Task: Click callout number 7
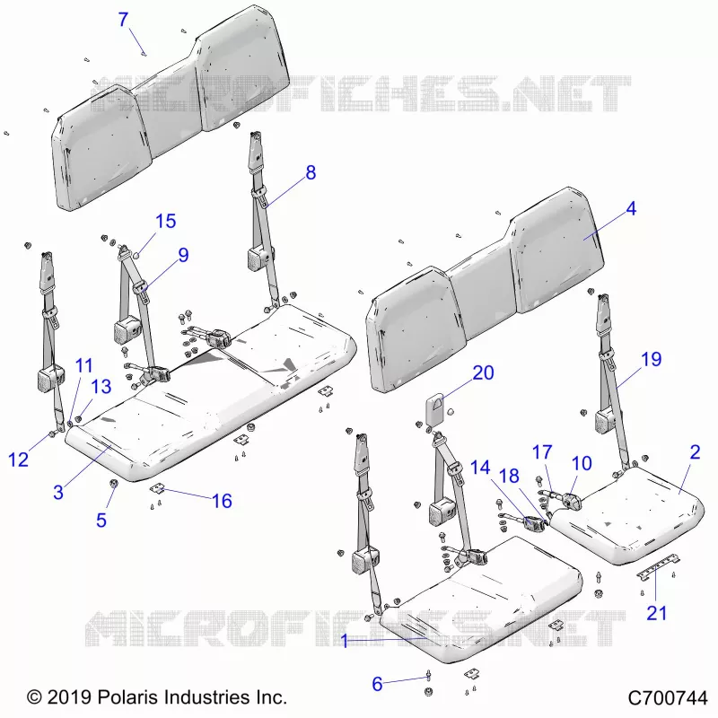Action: point(123,20)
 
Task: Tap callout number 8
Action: point(311,172)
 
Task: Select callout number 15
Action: point(166,221)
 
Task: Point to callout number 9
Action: point(183,255)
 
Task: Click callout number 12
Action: point(19,460)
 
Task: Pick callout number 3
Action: point(58,492)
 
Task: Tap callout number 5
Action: point(101,521)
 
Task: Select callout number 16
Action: point(222,501)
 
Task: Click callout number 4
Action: point(631,208)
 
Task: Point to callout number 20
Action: point(483,372)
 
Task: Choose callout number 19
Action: point(652,360)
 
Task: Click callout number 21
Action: point(656,613)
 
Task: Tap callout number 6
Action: point(377,684)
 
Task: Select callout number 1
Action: point(345,641)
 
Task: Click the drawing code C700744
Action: point(668,698)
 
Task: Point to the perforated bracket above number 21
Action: point(658,566)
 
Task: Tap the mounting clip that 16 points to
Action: point(156,489)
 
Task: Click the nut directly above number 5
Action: point(113,483)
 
